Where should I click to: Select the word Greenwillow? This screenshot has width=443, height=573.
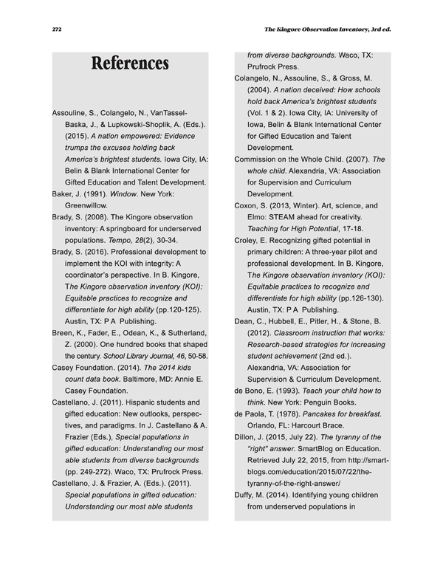[x=87, y=205]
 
